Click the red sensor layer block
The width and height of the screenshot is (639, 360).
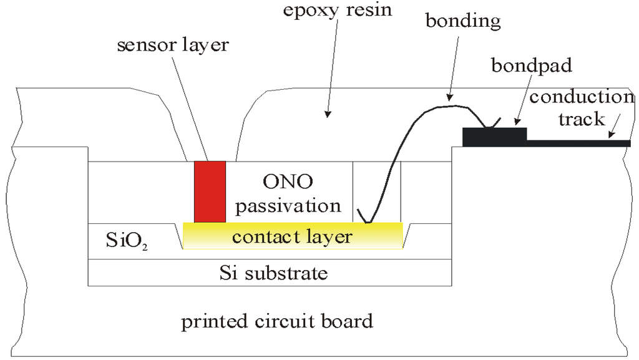210,192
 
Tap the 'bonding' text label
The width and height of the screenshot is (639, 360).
462,21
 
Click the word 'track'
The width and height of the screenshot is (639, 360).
582,119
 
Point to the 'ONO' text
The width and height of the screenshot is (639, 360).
288,182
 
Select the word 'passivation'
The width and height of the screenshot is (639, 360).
288,205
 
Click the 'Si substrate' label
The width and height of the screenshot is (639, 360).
273,273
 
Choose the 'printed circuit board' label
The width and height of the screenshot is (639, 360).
277,322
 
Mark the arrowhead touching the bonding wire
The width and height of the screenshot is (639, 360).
448,97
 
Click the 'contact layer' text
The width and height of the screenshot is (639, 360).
292,237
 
